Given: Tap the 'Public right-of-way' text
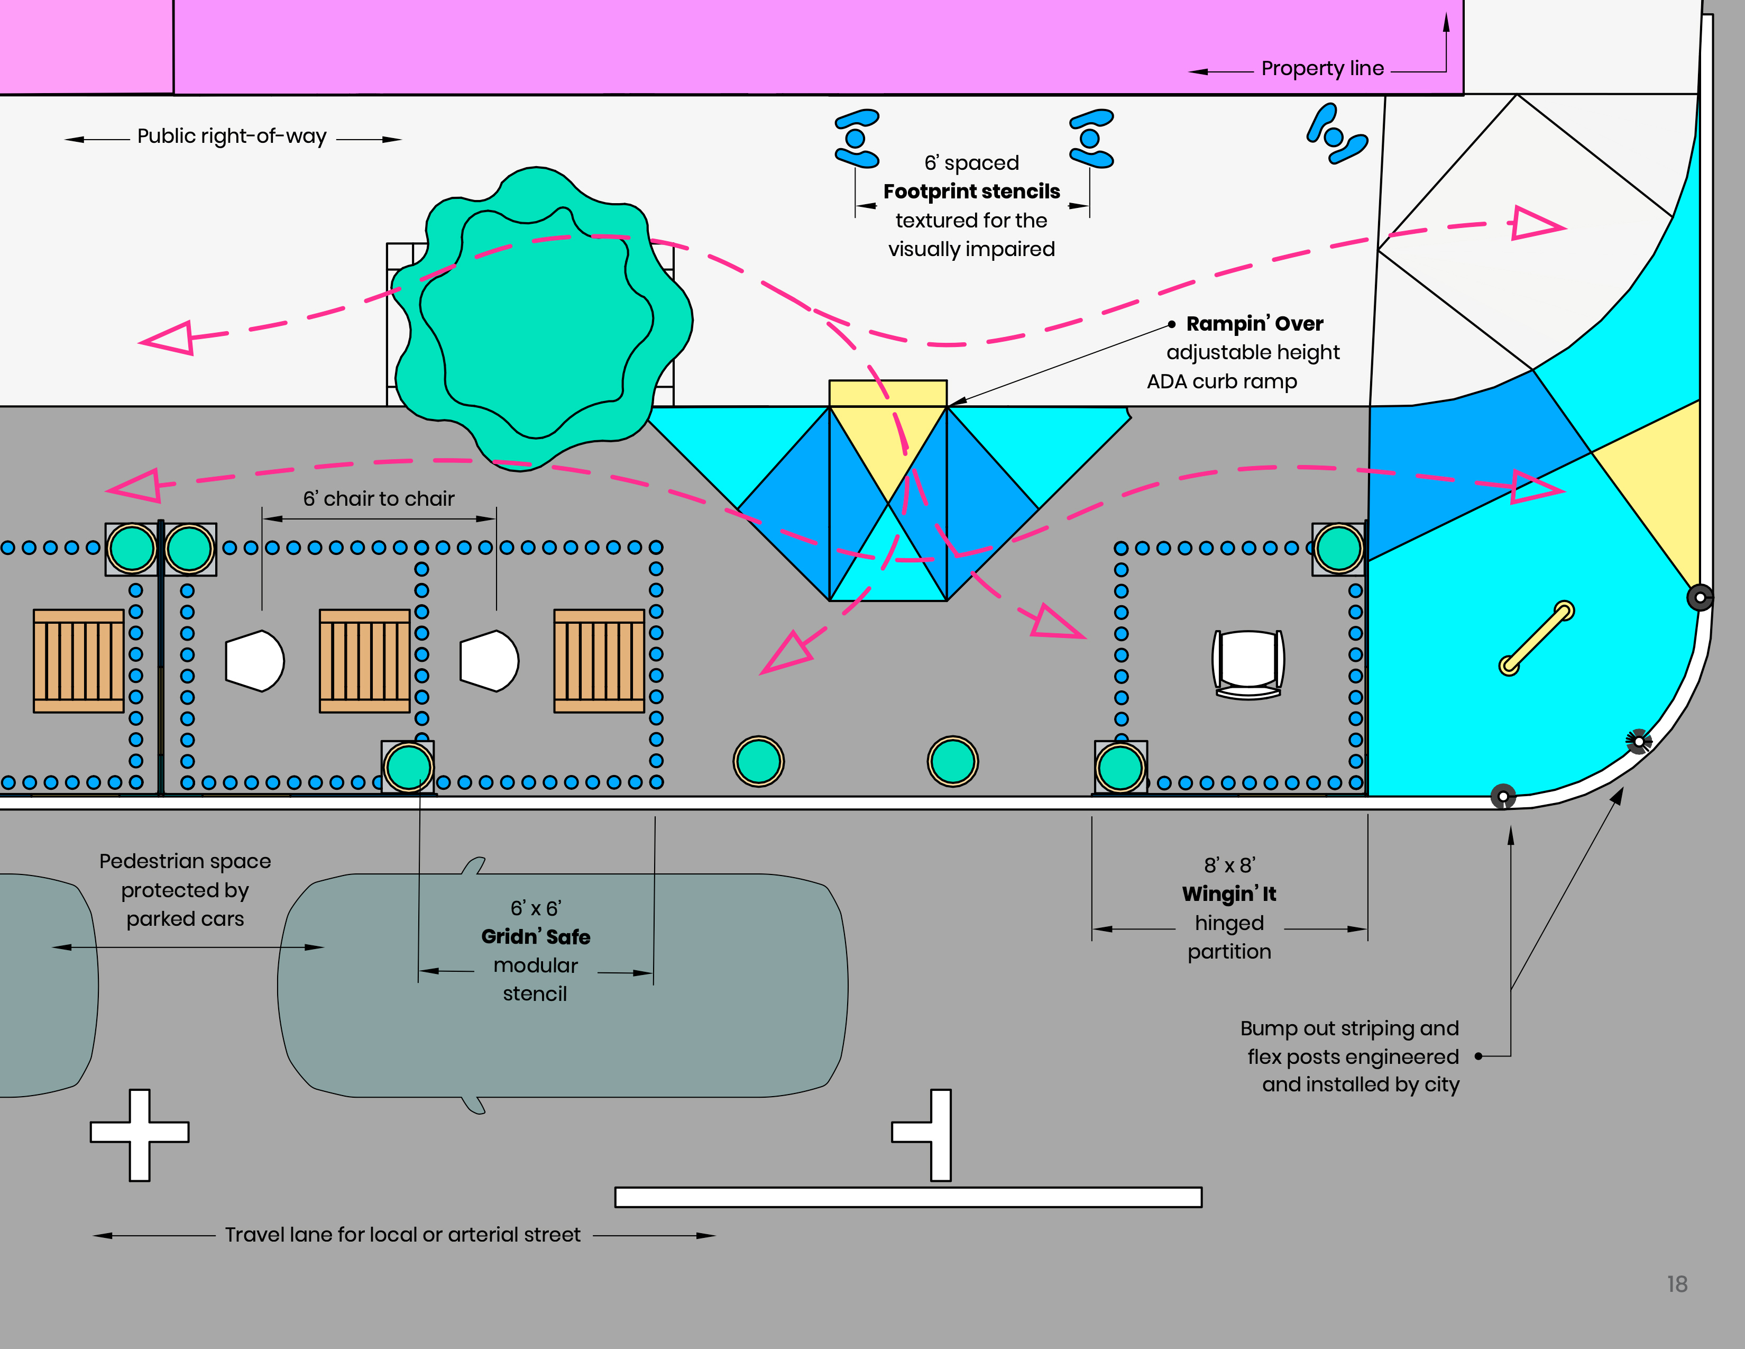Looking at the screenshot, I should coord(232,136).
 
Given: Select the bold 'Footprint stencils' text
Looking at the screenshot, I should coord(971,192).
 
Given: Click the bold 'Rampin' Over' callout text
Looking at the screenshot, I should coord(1254,324).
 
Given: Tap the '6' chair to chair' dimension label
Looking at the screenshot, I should coord(378,499).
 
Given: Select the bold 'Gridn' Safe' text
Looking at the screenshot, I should coord(535,936).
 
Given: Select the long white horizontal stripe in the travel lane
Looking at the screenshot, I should coord(907,1196).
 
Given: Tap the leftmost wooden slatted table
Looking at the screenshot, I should coord(78,661).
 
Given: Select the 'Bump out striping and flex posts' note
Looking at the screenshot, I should coord(1351,1056).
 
